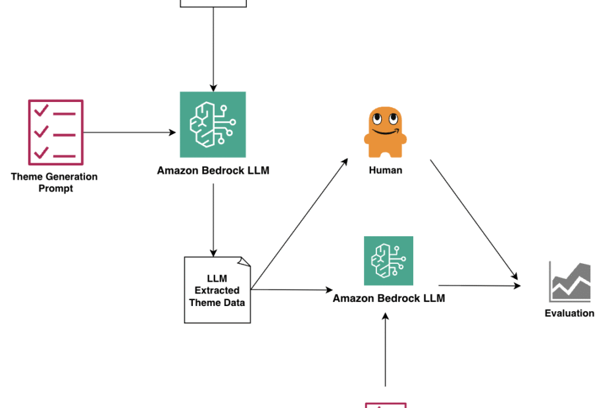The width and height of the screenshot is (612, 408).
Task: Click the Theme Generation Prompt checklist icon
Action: (x=56, y=132)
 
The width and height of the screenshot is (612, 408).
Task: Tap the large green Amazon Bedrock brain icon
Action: (x=213, y=124)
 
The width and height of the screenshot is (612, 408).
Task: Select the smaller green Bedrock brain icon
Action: (x=388, y=261)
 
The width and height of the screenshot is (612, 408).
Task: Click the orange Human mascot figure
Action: (x=385, y=132)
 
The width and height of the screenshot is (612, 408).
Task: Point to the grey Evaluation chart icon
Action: (x=570, y=282)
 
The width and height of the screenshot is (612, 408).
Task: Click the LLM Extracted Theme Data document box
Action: (x=217, y=290)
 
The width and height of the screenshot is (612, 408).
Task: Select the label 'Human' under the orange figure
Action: (x=386, y=170)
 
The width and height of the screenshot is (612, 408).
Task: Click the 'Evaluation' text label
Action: (x=569, y=313)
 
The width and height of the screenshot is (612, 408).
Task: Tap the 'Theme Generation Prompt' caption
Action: (x=54, y=182)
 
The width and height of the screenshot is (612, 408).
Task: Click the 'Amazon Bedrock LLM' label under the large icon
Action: (x=213, y=170)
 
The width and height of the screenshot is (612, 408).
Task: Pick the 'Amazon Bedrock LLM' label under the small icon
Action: (x=389, y=298)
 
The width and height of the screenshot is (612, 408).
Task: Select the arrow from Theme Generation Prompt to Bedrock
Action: (x=130, y=132)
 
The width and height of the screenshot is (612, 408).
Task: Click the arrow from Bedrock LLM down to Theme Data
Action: (x=213, y=220)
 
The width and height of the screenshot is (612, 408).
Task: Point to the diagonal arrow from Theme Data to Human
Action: (x=299, y=224)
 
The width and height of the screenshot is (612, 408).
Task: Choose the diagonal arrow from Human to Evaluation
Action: (x=474, y=220)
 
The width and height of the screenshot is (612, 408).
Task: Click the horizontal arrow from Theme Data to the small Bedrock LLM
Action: (x=292, y=290)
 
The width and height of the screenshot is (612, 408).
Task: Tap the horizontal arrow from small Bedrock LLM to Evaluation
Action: (x=480, y=286)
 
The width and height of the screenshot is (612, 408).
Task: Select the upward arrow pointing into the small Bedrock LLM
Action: (x=385, y=350)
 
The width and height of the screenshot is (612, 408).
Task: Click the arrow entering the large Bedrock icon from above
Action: (x=213, y=49)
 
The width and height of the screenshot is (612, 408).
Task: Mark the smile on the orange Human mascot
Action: (x=385, y=132)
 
